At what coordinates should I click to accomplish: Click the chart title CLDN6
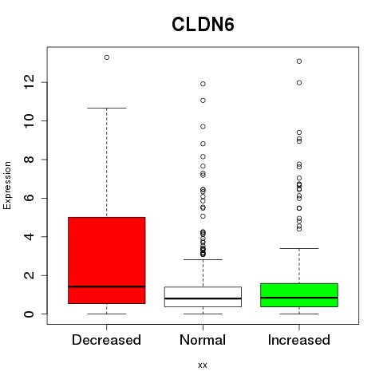203,25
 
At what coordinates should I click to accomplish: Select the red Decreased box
107,260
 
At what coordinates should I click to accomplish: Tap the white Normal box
203,297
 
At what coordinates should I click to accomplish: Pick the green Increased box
299,295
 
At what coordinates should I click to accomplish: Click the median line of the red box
107,286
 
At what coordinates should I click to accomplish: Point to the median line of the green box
299,298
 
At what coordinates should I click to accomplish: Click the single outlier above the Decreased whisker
107,57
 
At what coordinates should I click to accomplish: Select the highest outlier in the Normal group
203,84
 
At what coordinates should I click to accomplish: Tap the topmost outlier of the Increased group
299,61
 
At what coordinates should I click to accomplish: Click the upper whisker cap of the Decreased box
107,108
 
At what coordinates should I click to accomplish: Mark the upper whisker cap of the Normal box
203,259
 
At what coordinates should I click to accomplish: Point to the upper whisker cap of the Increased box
299,248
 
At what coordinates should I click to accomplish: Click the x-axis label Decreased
106,340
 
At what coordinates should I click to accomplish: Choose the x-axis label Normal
203,340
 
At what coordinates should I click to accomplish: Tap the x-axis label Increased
299,340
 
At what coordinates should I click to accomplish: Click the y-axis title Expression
7,185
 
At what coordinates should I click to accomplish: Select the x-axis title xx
203,365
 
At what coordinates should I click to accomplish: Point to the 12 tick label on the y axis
30,82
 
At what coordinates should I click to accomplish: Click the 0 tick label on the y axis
30,314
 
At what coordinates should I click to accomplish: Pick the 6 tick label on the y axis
30,198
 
